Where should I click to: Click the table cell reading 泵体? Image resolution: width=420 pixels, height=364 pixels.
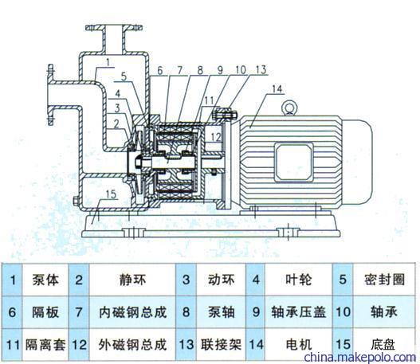(x=45, y=280)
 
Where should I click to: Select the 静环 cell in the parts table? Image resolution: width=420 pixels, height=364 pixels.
(x=132, y=280)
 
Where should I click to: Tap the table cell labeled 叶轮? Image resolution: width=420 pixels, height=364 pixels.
(x=298, y=280)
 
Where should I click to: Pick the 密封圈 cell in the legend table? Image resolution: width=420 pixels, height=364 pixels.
(x=384, y=280)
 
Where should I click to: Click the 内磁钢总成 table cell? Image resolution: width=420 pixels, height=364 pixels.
(x=132, y=312)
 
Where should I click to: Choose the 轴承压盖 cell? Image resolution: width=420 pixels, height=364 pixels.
(x=298, y=312)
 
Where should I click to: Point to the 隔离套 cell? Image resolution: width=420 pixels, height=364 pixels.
(x=45, y=345)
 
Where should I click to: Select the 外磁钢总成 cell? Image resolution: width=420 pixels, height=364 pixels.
(x=132, y=345)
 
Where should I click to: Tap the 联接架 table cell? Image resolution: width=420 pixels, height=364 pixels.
(x=221, y=345)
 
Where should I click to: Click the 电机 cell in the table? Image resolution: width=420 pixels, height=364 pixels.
(x=298, y=345)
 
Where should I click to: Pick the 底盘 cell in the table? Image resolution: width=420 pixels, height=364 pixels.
(x=384, y=345)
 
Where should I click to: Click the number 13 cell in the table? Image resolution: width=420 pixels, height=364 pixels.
(x=186, y=345)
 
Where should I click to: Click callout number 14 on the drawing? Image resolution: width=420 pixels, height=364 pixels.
(x=277, y=89)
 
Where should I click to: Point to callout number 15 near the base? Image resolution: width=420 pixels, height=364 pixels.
(x=111, y=194)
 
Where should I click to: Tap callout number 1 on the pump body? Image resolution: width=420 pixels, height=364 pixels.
(x=108, y=62)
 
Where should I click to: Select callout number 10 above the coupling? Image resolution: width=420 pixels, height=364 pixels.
(x=240, y=70)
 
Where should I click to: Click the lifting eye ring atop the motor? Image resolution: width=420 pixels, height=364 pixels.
(x=289, y=108)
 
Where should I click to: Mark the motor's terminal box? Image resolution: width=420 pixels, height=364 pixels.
(x=294, y=162)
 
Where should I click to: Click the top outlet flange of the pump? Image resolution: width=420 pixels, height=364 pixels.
(x=114, y=28)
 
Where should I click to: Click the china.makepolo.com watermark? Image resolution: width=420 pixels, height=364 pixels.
(x=360, y=358)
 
